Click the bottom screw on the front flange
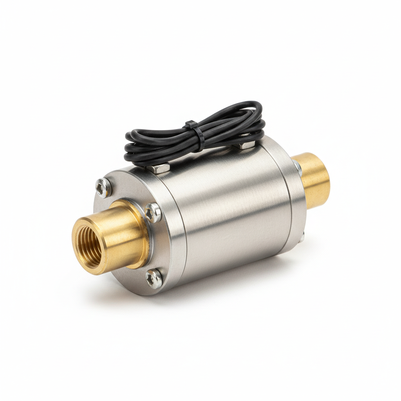pyautogui.click(x=154, y=278)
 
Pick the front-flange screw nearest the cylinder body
pyautogui.click(x=153, y=213)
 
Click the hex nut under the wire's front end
pyautogui.click(x=159, y=168)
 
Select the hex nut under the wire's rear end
pyautogui.click(x=246, y=144)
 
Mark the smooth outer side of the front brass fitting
pyautogui.click(x=121, y=239)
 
